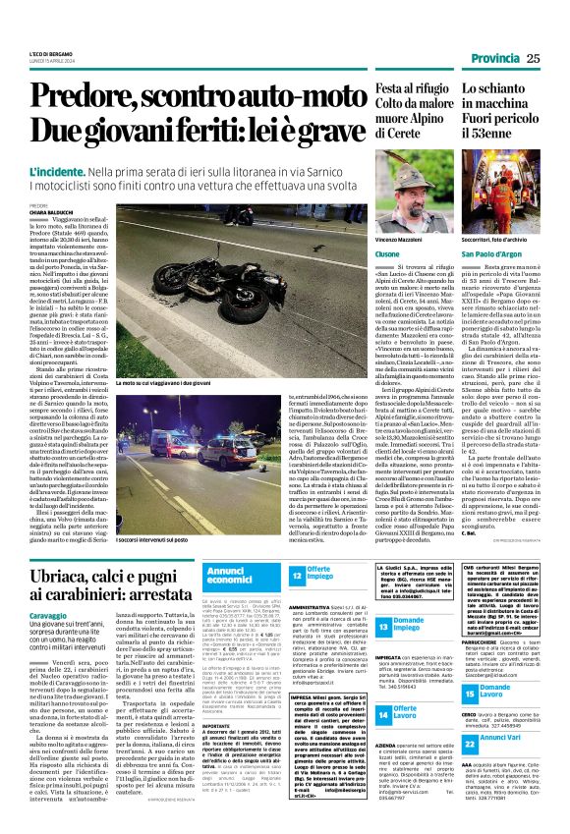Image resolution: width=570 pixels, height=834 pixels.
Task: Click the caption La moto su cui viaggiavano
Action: click(x=158, y=381)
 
